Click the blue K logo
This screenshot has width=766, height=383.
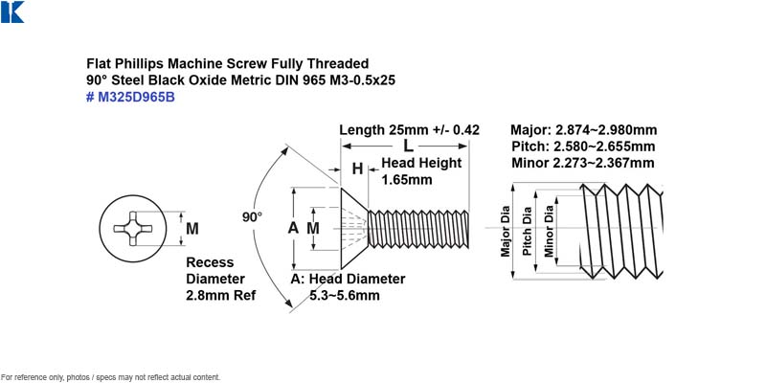tap(12, 11)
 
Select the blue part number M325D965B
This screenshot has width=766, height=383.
tap(130, 98)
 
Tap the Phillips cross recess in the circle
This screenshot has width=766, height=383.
tap(133, 228)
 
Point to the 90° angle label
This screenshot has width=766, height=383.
tap(252, 217)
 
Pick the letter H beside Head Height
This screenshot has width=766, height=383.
tap(357, 169)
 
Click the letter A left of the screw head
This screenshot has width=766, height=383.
tap(293, 228)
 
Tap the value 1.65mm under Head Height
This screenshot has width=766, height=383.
tap(407, 180)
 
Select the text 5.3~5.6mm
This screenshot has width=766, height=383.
tap(345, 296)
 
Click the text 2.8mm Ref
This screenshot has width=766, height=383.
tap(221, 296)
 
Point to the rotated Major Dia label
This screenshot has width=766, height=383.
tap(506, 231)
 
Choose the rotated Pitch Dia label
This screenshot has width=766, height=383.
tap(527, 231)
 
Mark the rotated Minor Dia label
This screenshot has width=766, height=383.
tap(549, 231)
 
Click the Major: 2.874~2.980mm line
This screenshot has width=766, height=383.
tap(584, 130)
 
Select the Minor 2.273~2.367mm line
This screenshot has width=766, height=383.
tap(583, 163)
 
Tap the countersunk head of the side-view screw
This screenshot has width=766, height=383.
tap(354, 228)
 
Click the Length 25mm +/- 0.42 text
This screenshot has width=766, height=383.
tap(410, 130)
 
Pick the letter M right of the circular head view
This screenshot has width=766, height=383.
tap(192, 228)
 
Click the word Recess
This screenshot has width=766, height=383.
tap(210, 262)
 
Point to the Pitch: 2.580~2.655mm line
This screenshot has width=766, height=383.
tap(583, 146)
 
